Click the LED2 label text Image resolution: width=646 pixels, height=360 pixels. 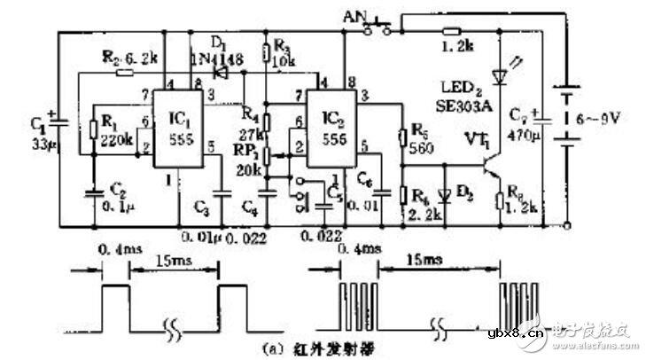(x=466, y=87)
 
